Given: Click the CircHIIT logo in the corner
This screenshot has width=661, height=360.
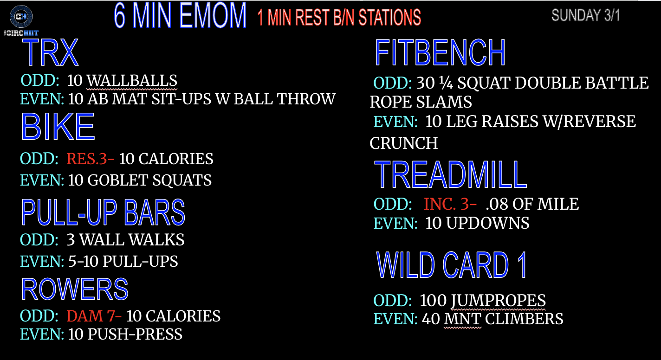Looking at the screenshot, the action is pyautogui.click(x=21, y=20).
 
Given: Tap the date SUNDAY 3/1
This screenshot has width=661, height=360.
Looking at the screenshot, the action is pyautogui.click(x=586, y=15).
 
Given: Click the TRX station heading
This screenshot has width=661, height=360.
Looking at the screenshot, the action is pyautogui.click(x=50, y=52).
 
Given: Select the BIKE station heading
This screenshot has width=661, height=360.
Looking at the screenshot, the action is pyautogui.click(x=58, y=127).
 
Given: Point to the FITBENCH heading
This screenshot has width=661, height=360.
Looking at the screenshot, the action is pyautogui.click(x=440, y=52).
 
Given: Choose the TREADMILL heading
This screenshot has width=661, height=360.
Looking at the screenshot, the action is pyautogui.click(x=450, y=174).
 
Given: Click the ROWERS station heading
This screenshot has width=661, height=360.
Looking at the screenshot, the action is pyautogui.click(x=75, y=289).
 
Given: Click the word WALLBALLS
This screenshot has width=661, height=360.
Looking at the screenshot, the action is pyautogui.click(x=132, y=81).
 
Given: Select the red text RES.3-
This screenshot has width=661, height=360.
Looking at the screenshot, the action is pyautogui.click(x=91, y=159).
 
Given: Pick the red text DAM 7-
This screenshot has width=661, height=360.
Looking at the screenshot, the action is pyautogui.click(x=94, y=316).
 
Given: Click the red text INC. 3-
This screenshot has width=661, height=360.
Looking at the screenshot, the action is pyautogui.click(x=450, y=204).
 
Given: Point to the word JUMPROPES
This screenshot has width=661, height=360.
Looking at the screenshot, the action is pyautogui.click(x=498, y=301).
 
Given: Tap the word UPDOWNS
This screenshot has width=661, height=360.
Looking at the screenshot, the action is pyautogui.click(x=488, y=223).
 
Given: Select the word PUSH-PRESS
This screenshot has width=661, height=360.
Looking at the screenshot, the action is pyautogui.click(x=135, y=334).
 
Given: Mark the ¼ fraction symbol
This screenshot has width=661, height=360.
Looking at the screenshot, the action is pyautogui.click(x=446, y=83).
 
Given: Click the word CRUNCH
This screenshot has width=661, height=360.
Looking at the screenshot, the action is pyautogui.click(x=404, y=143).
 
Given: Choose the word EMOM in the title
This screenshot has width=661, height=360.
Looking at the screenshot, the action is pyautogui.click(x=213, y=15).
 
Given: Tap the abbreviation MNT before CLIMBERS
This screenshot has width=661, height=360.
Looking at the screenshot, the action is pyautogui.click(x=462, y=319).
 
